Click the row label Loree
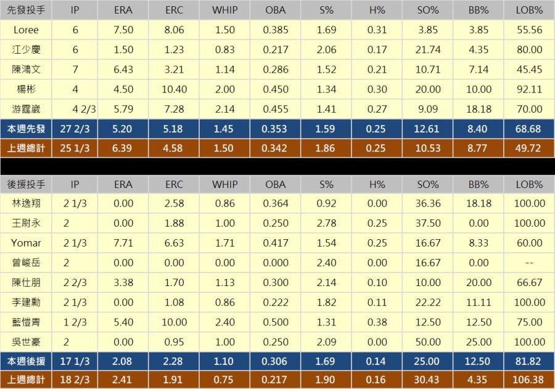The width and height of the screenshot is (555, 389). [x=26, y=30]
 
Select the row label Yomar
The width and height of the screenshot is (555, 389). [x=26, y=243]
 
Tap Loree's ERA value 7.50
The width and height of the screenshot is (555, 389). [x=123, y=30]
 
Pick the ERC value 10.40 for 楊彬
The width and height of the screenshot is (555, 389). [x=174, y=89]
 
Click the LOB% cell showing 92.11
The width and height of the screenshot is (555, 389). [x=529, y=89]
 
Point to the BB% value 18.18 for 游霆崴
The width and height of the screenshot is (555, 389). [x=480, y=109]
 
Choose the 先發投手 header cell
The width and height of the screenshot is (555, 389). [x=26, y=10]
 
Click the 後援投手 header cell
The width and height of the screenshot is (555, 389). [x=26, y=184]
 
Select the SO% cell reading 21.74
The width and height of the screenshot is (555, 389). [x=428, y=50]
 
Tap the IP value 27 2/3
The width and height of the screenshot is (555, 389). [x=75, y=129]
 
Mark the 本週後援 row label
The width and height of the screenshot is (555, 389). [x=26, y=360]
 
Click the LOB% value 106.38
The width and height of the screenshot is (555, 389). [x=529, y=380]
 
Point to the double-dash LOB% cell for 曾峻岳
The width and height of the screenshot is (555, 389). [x=529, y=263]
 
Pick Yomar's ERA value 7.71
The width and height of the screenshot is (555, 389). [x=123, y=243]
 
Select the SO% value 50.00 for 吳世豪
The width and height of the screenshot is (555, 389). [x=428, y=342]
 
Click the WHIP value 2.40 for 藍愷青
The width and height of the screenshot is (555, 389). [x=224, y=322]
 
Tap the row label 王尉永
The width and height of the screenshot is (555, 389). [x=26, y=223]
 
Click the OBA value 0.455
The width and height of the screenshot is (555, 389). [x=275, y=109]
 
